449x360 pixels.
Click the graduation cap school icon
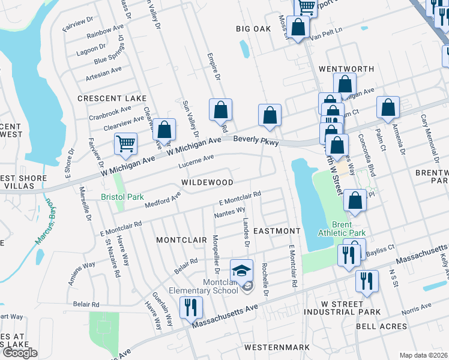pos(242,271)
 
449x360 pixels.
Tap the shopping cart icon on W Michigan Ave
pos(125,143)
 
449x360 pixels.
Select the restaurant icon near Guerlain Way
pos(191,307)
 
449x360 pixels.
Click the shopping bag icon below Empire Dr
pos(220,109)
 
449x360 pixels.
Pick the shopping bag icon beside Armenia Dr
pos(388,107)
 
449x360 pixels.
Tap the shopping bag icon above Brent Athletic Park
pos(355,200)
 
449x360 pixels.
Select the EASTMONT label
pos(276,230)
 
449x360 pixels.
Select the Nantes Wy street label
pos(229,211)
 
